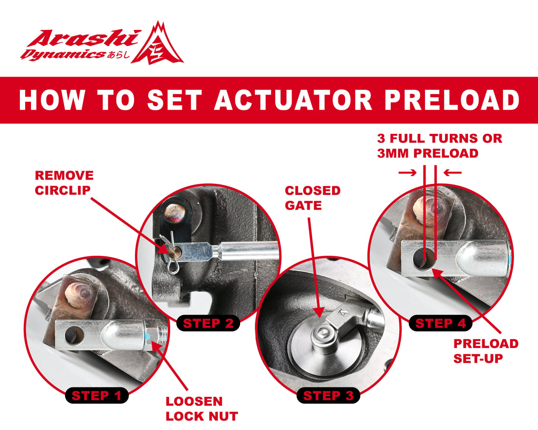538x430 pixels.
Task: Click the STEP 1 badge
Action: coord(97,396)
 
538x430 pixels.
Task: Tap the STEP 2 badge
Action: coord(208,323)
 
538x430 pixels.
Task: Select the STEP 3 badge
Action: coord(328,396)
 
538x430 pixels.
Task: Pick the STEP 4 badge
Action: coord(441,323)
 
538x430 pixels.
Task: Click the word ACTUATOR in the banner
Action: coord(293,100)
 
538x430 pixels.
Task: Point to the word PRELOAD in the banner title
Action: coord(452,100)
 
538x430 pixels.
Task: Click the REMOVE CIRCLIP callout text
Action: coord(64,183)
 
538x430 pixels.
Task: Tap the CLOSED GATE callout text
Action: coord(313,198)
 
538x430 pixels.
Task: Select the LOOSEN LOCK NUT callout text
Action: coord(202,409)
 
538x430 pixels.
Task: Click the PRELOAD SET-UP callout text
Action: coord(486,351)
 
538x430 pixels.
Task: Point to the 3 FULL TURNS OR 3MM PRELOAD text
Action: coord(440,146)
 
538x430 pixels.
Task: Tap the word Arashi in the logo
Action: coord(84,38)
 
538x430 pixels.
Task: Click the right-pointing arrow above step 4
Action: coord(407,173)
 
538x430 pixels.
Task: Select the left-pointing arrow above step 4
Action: coord(452,173)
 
